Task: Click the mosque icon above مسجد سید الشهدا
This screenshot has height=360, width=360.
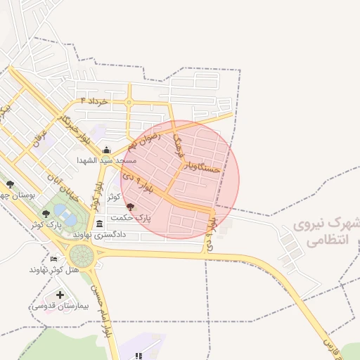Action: coord(106,150)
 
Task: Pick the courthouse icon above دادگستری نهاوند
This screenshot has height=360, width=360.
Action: coord(99,224)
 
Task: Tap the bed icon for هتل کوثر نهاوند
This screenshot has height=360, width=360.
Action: coord(54,259)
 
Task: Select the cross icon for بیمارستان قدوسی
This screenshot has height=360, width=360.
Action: coord(59,295)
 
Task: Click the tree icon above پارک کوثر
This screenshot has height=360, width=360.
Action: coord(46,214)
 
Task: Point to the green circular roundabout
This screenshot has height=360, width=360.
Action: coord(80,254)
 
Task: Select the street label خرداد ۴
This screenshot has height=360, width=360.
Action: coord(94,102)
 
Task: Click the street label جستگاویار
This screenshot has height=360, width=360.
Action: coord(202,167)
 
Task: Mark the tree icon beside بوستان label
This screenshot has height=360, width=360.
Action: coord(9,185)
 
